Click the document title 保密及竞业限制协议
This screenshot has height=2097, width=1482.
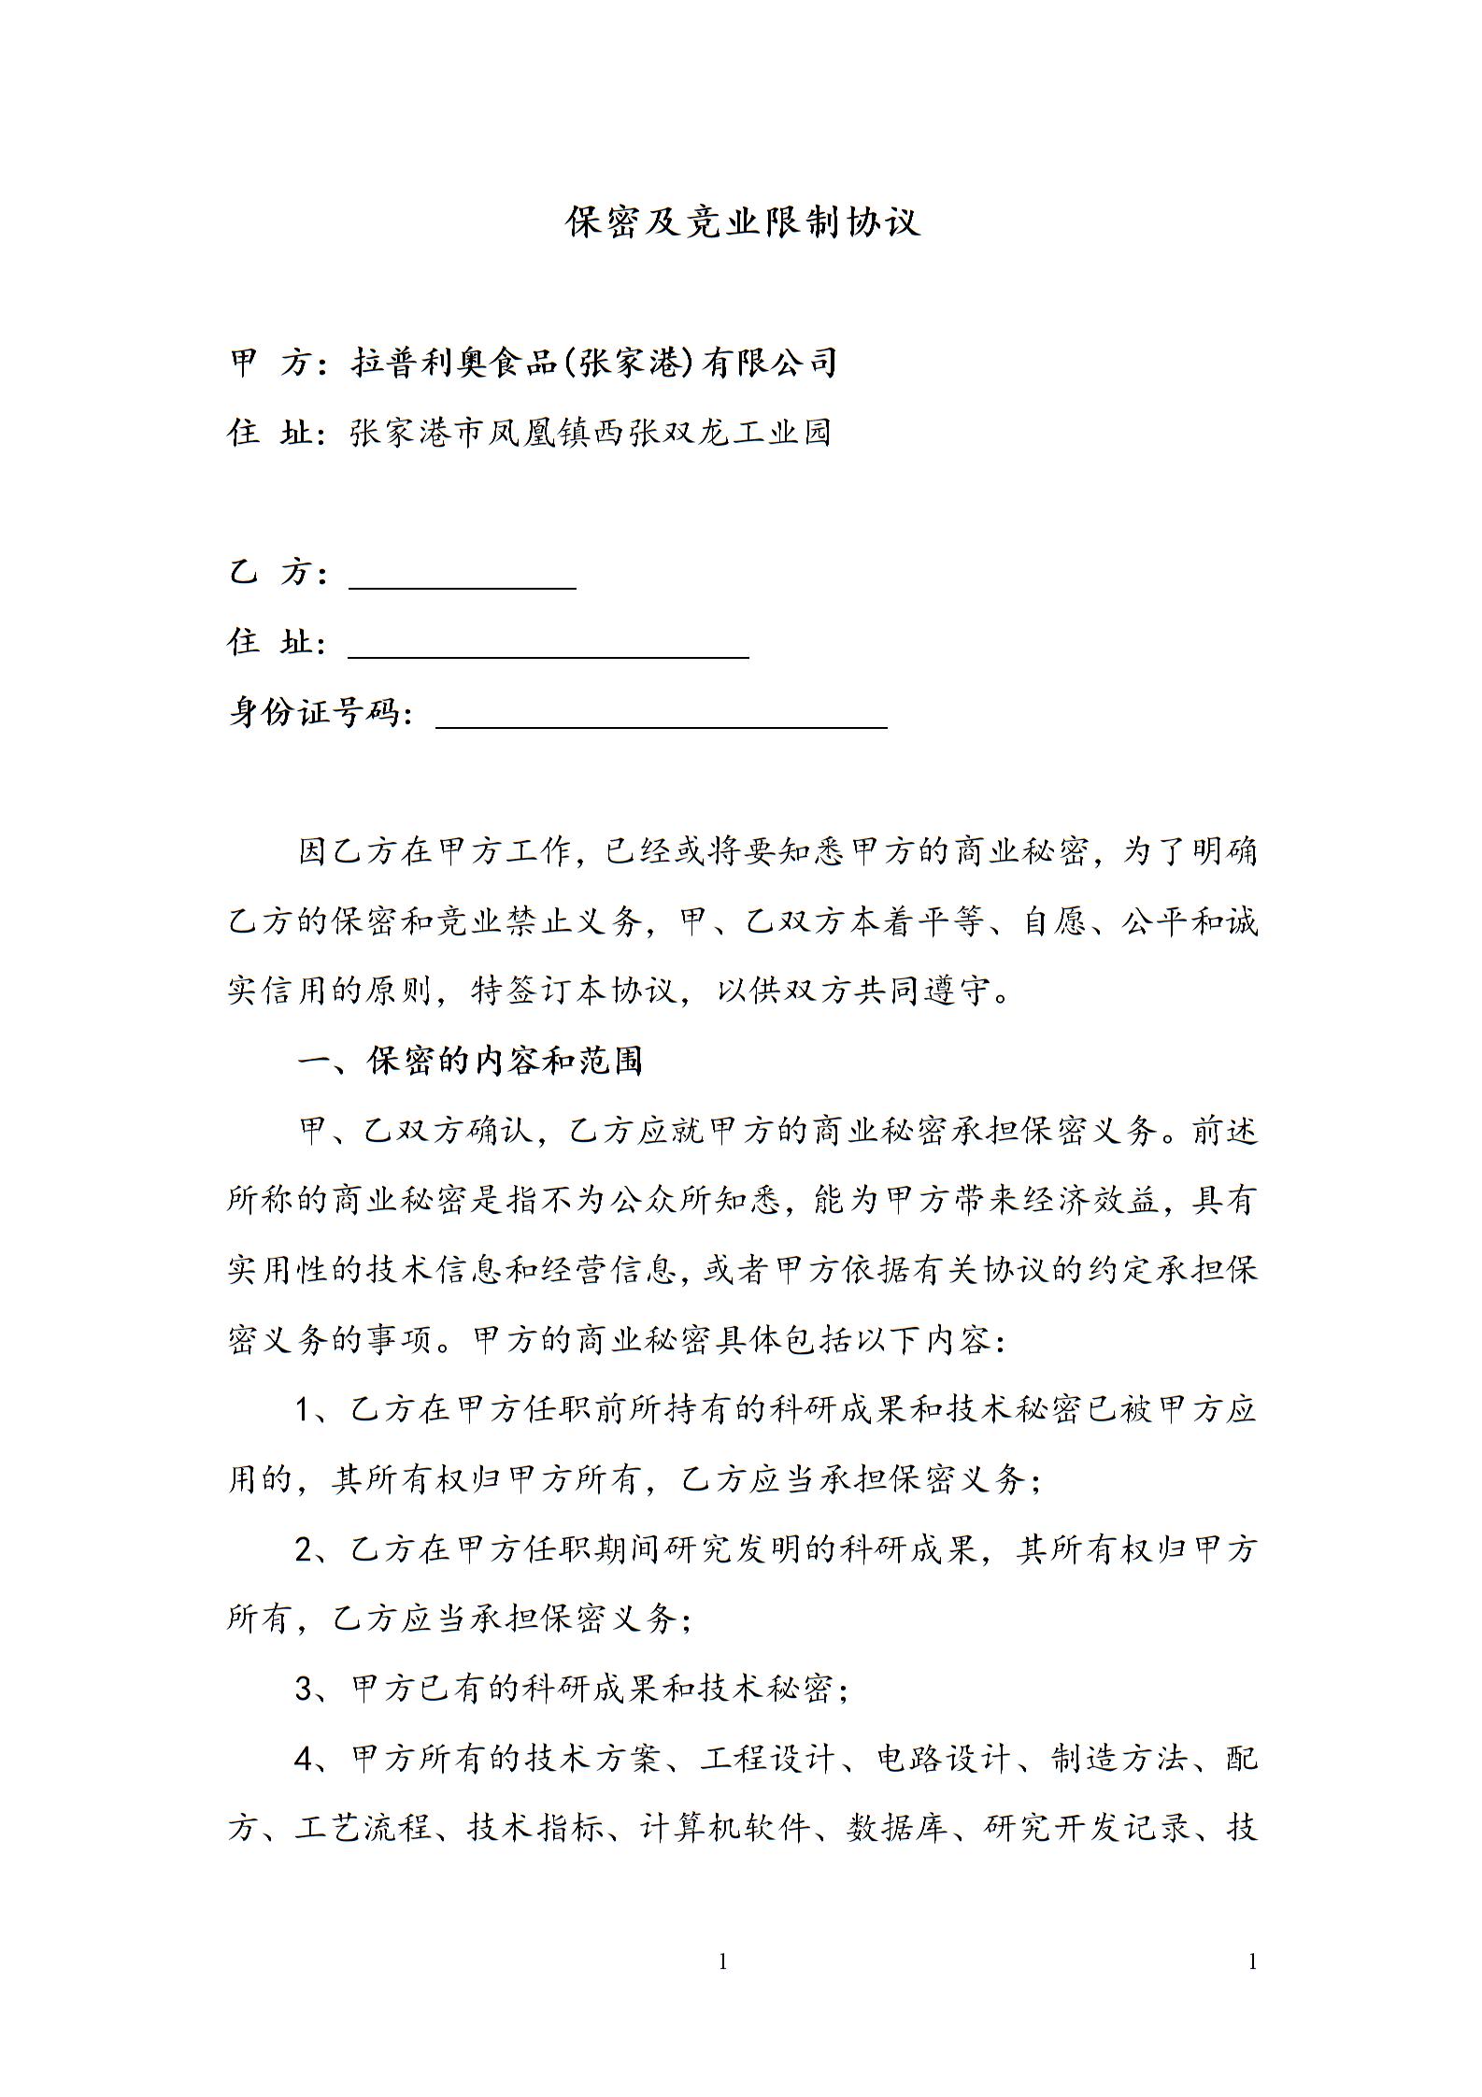tap(743, 221)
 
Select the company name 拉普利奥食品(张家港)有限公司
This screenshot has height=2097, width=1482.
tap(593, 362)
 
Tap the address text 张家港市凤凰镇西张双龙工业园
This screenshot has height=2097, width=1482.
tap(591, 433)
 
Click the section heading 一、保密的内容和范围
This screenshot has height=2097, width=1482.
tap(470, 1061)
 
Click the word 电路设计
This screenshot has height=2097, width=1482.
tap(944, 1760)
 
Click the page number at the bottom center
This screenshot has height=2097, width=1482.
tap(722, 1962)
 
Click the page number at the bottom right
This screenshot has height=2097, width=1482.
tap(1253, 1962)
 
